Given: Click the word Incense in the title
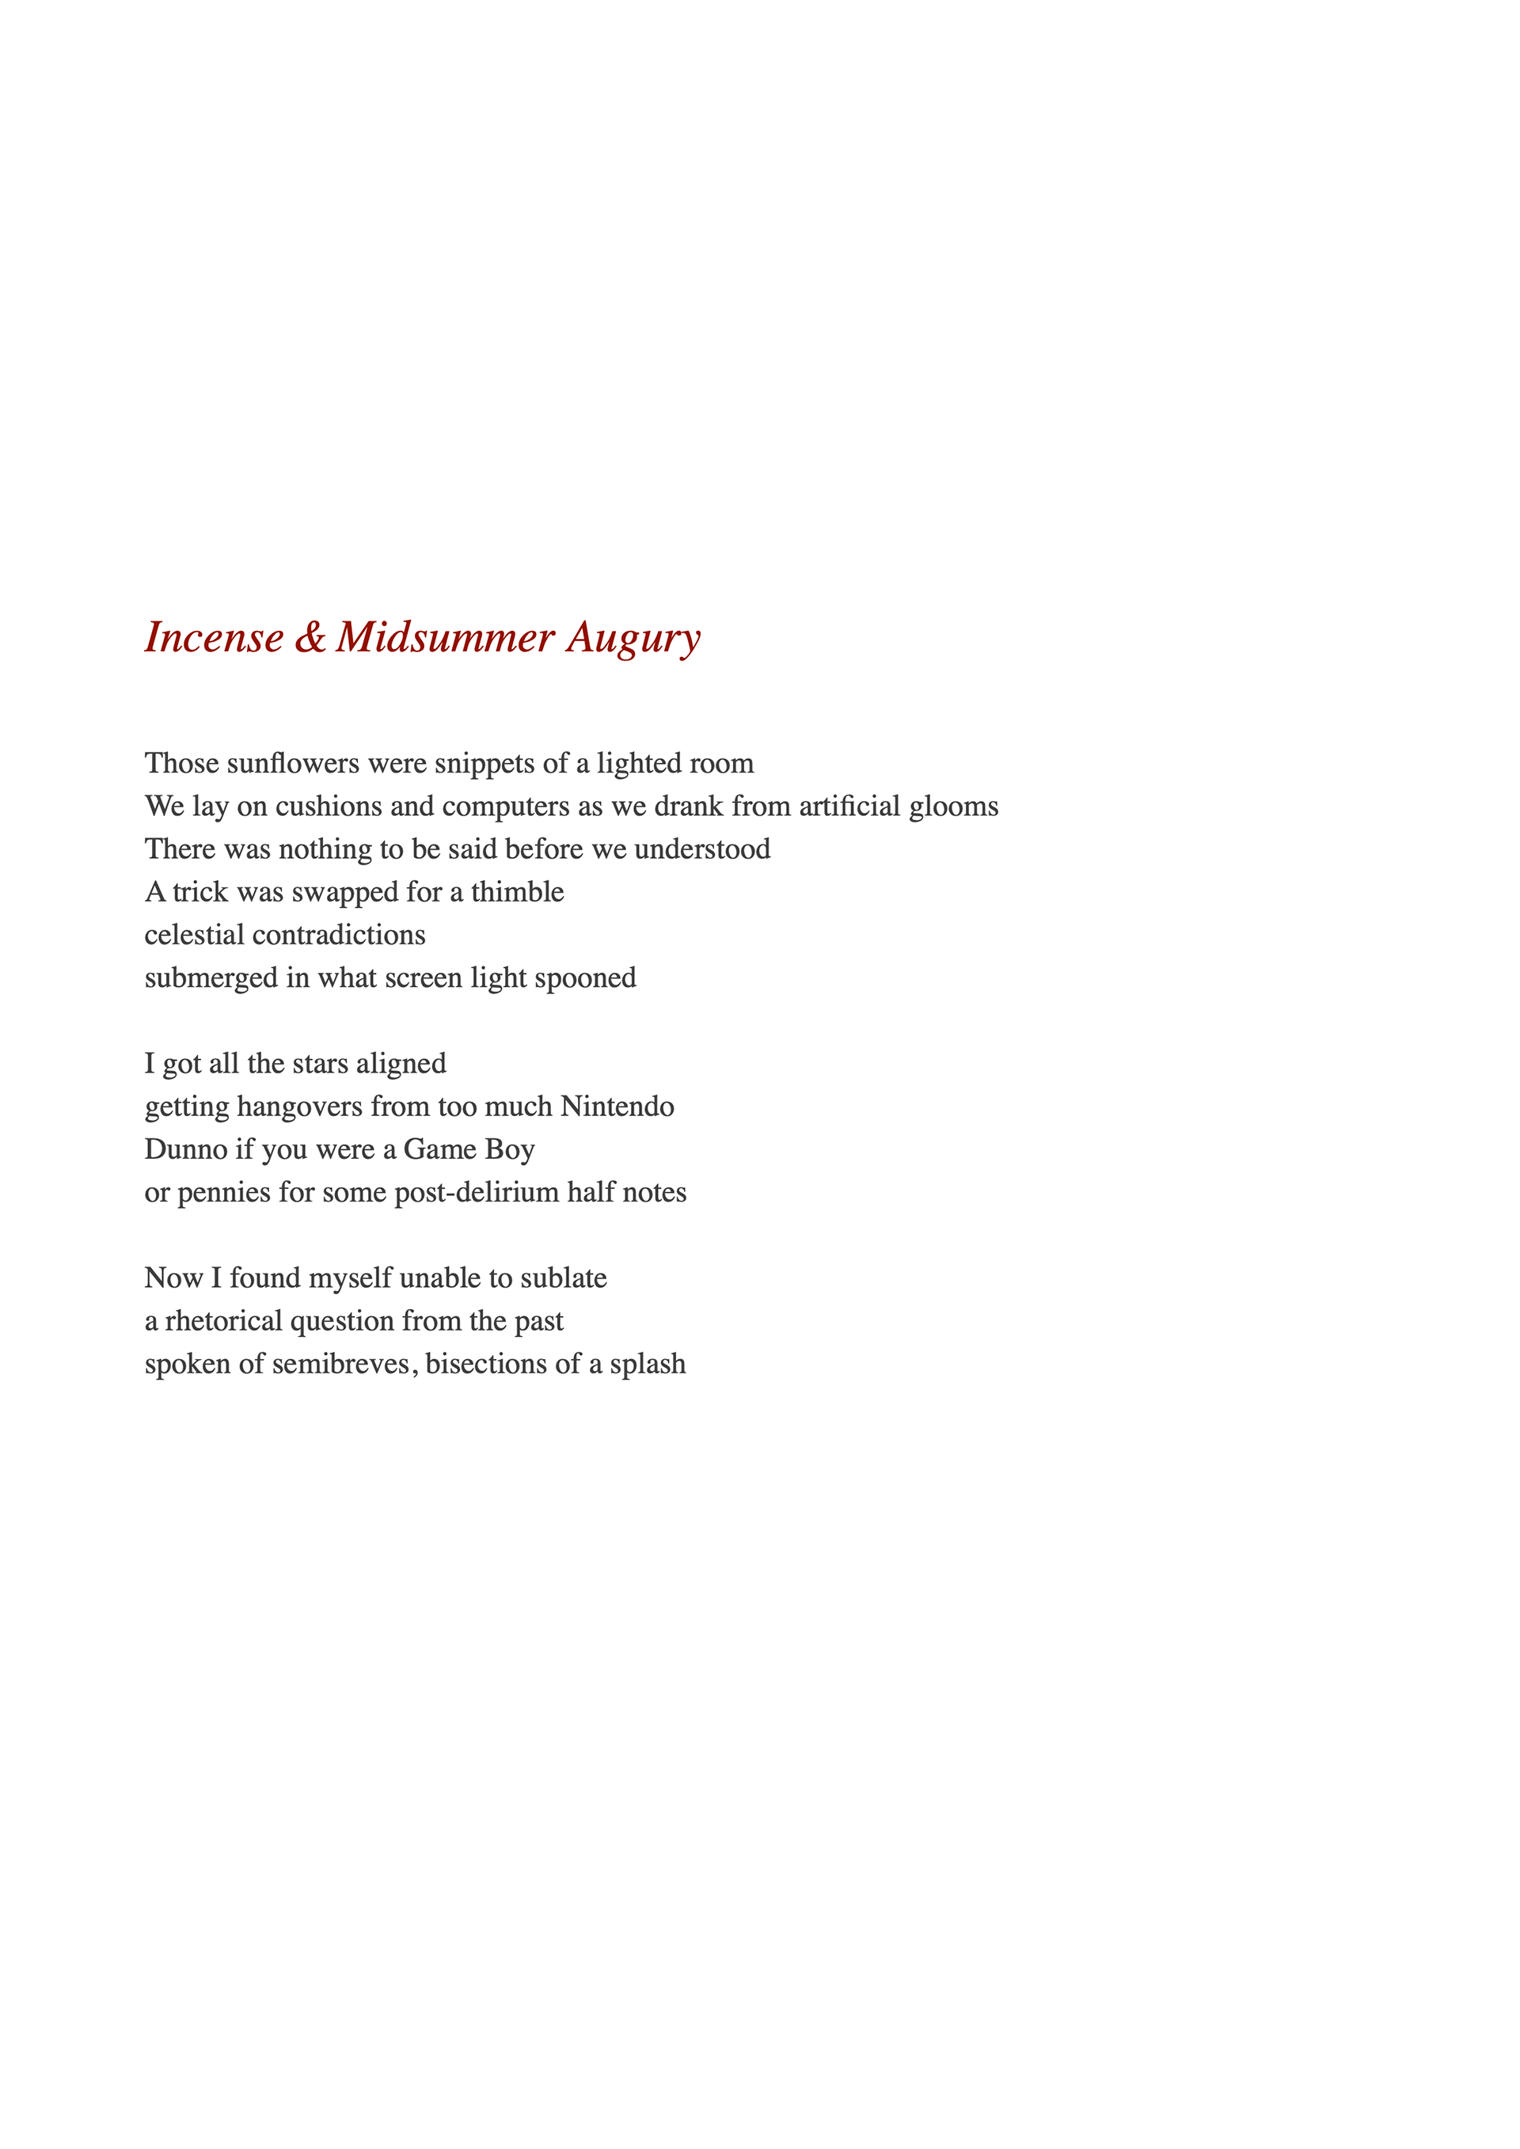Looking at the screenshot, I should tap(215, 637).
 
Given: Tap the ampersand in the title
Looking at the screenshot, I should tap(310, 637).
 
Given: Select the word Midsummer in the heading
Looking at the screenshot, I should tap(446, 637).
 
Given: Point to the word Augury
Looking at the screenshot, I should tap(633, 637).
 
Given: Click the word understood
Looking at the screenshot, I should tap(702, 849).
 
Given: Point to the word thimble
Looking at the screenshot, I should tap(518, 891).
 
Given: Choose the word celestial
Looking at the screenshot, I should tap(195, 934).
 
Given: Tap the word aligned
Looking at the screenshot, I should tap(401, 1064).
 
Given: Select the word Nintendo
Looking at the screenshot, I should tap(617, 1107).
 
